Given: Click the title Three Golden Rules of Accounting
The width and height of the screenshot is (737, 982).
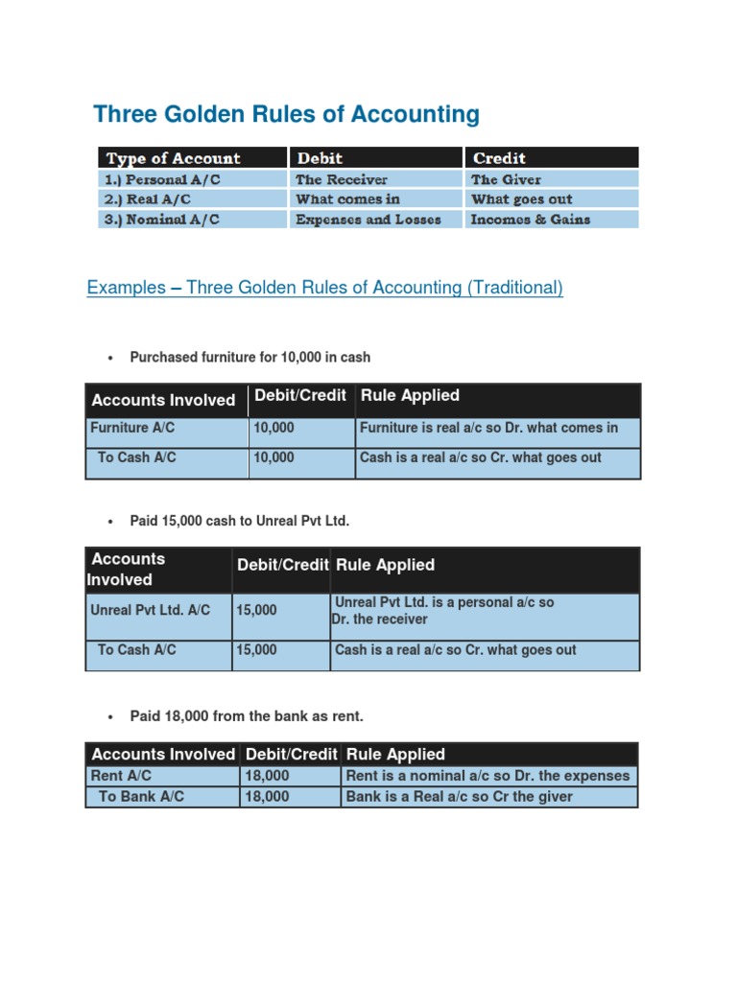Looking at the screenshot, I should [286, 115].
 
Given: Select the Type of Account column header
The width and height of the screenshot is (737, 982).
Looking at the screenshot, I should [174, 158].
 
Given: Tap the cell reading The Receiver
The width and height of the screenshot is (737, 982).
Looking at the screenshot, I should [342, 179].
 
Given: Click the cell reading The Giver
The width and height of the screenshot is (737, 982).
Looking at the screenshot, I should [506, 179].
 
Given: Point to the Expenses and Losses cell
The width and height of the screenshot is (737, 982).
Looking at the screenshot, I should [368, 220].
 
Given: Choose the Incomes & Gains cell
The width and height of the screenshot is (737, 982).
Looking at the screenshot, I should [531, 220].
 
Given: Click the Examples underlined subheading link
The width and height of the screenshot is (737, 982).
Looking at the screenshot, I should [324, 288].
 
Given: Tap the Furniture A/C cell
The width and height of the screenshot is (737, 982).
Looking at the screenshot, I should [132, 428].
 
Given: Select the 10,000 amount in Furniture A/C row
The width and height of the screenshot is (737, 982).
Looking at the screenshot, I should [273, 428].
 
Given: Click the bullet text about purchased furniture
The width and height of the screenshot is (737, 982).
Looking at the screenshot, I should [250, 357].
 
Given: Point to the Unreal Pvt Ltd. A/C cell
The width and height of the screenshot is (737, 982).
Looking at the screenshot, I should [150, 609].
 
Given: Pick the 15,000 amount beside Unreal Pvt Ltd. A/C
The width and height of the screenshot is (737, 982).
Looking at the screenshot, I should [256, 609].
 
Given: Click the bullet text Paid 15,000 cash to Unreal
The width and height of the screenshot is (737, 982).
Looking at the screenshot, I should [240, 521].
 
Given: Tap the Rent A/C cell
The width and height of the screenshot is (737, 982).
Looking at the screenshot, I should [121, 776].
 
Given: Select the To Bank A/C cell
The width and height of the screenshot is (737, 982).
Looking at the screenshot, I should [141, 797].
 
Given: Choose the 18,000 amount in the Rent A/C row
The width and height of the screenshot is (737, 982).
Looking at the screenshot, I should [267, 776].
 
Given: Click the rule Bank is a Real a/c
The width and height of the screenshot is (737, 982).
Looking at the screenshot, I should [459, 797].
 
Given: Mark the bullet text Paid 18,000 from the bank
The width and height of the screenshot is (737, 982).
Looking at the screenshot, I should [247, 716].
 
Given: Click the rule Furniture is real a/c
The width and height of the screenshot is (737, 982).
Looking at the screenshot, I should [488, 428].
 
